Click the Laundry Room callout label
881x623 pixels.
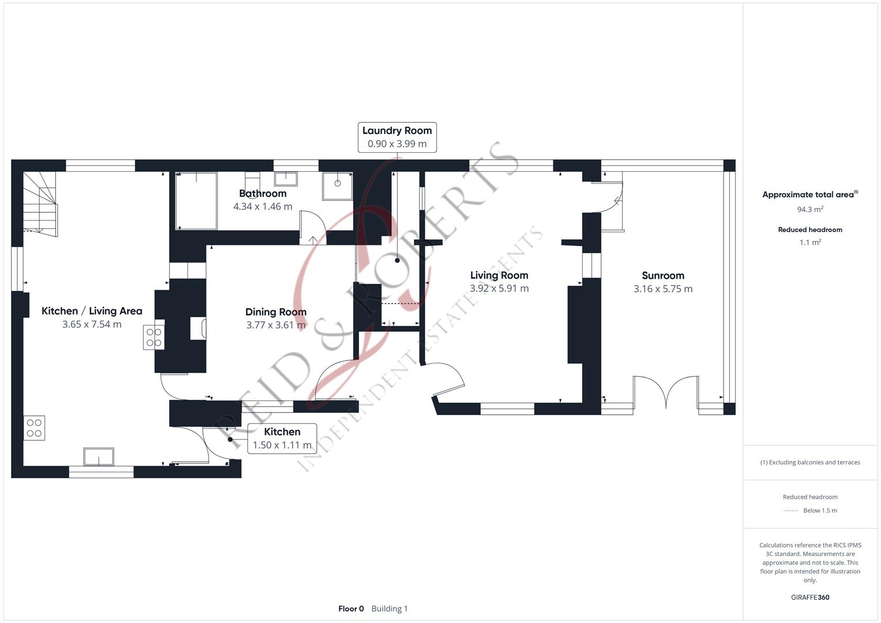click(x=397, y=131)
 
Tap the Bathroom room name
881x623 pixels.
click(x=263, y=193)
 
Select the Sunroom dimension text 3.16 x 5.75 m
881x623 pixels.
click(x=663, y=289)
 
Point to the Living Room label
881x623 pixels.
click(x=499, y=275)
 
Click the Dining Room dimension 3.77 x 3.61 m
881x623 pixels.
click(x=276, y=325)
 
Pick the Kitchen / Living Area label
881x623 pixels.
click(x=92, y=311)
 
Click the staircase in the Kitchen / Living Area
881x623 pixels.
click(x=40, y=203)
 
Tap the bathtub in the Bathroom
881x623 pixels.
click(x=196, y=200)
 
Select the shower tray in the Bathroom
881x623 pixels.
click(x=337, y=185)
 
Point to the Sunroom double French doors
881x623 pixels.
click(x=666, y=391)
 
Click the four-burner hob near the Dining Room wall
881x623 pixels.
click(x=153, y=337)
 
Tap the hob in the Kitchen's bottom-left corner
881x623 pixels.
click(x=34, y=428)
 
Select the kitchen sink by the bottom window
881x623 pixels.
click(x=99, y=456)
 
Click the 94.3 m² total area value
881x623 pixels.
click(x=810, y=209)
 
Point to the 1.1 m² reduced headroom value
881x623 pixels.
click(x=810, y=243)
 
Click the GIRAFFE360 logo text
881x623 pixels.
click(x=810, y=597)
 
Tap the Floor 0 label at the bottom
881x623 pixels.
click(x=351, y=609)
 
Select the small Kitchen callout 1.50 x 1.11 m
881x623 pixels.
click(x=282, y=438)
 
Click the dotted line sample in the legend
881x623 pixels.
click(x=791, y=511)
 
